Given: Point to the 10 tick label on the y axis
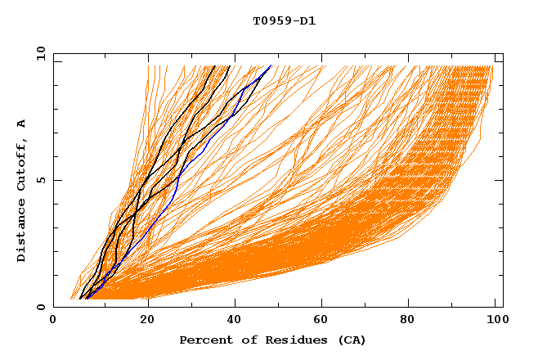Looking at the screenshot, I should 40,52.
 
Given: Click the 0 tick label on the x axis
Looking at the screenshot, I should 53,321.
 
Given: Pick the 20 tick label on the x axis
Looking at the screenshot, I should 148,321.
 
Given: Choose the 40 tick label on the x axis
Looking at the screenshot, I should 237,321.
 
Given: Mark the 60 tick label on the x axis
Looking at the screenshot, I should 325,321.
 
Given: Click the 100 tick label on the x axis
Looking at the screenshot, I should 495,321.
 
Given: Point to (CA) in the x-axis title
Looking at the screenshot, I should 349,340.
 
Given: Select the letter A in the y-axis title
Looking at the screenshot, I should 21,124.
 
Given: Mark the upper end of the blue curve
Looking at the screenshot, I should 271,65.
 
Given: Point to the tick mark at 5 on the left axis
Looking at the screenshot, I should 56,180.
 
